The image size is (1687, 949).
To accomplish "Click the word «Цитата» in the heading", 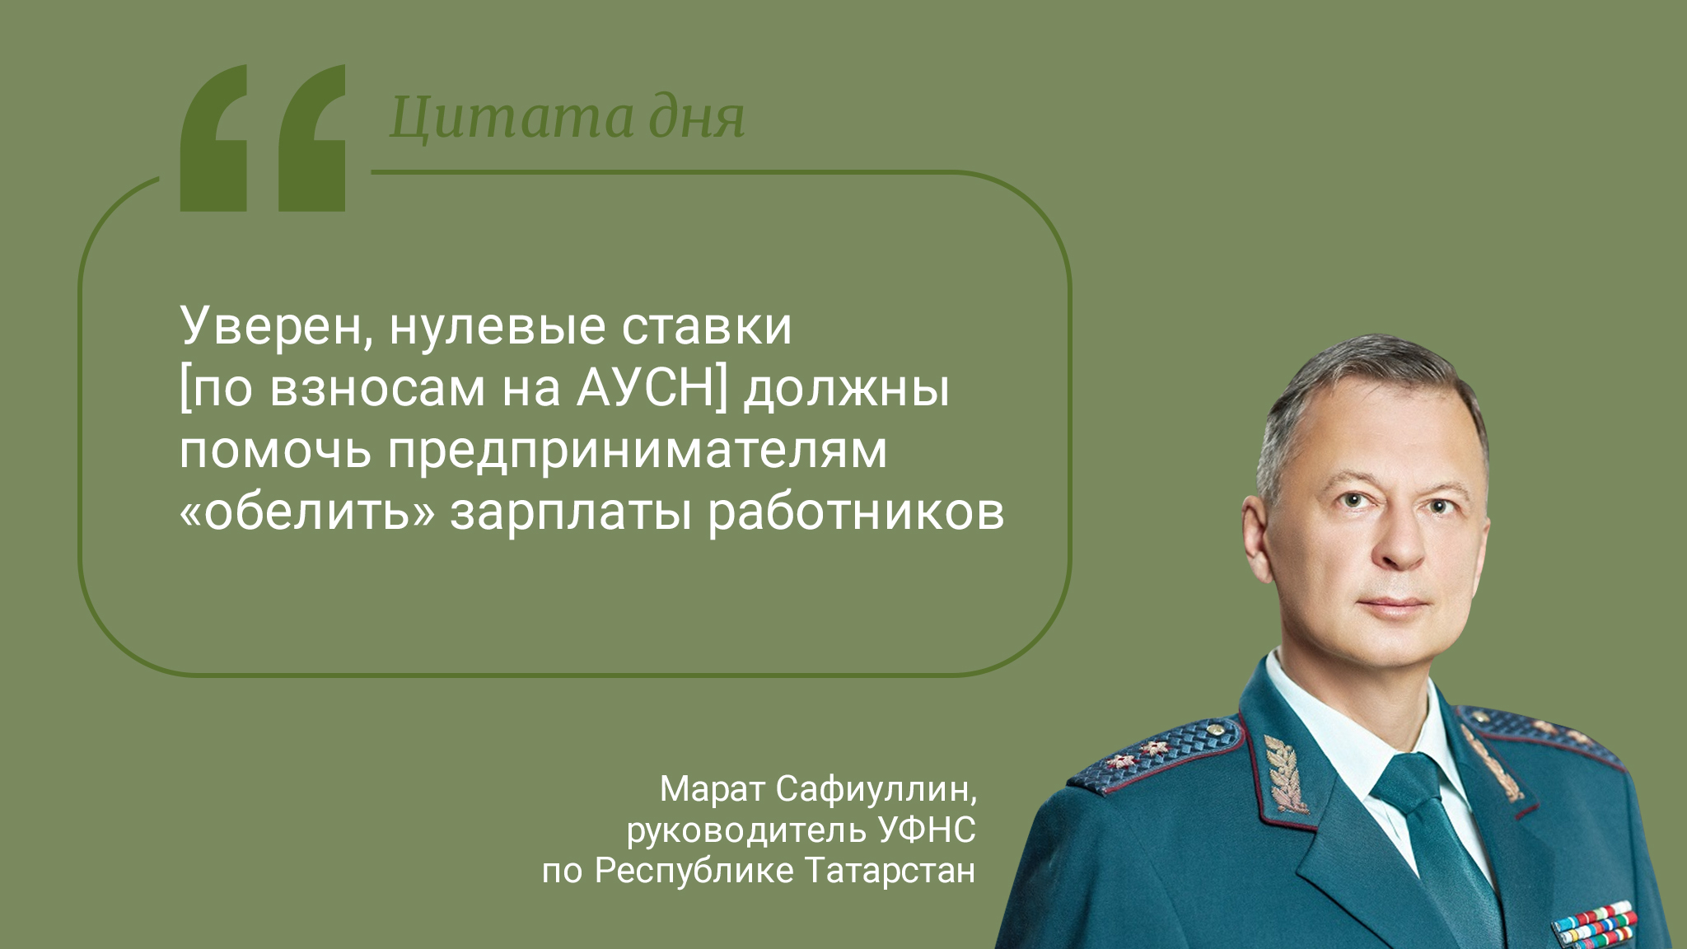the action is pos(512,118).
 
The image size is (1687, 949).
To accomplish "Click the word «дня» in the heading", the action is pos(697,118).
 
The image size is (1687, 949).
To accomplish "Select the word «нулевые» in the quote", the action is pos(498,327).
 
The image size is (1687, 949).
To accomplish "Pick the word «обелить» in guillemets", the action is pos(307,512).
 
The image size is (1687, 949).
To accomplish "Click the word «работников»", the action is pos(856,512).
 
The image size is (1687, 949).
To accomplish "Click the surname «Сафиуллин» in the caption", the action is pos(876,790).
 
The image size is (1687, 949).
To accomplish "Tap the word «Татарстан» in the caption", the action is pos(890,871).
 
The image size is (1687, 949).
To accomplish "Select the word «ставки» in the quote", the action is pos(707,327).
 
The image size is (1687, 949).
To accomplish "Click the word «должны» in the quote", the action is pos(847,390).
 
